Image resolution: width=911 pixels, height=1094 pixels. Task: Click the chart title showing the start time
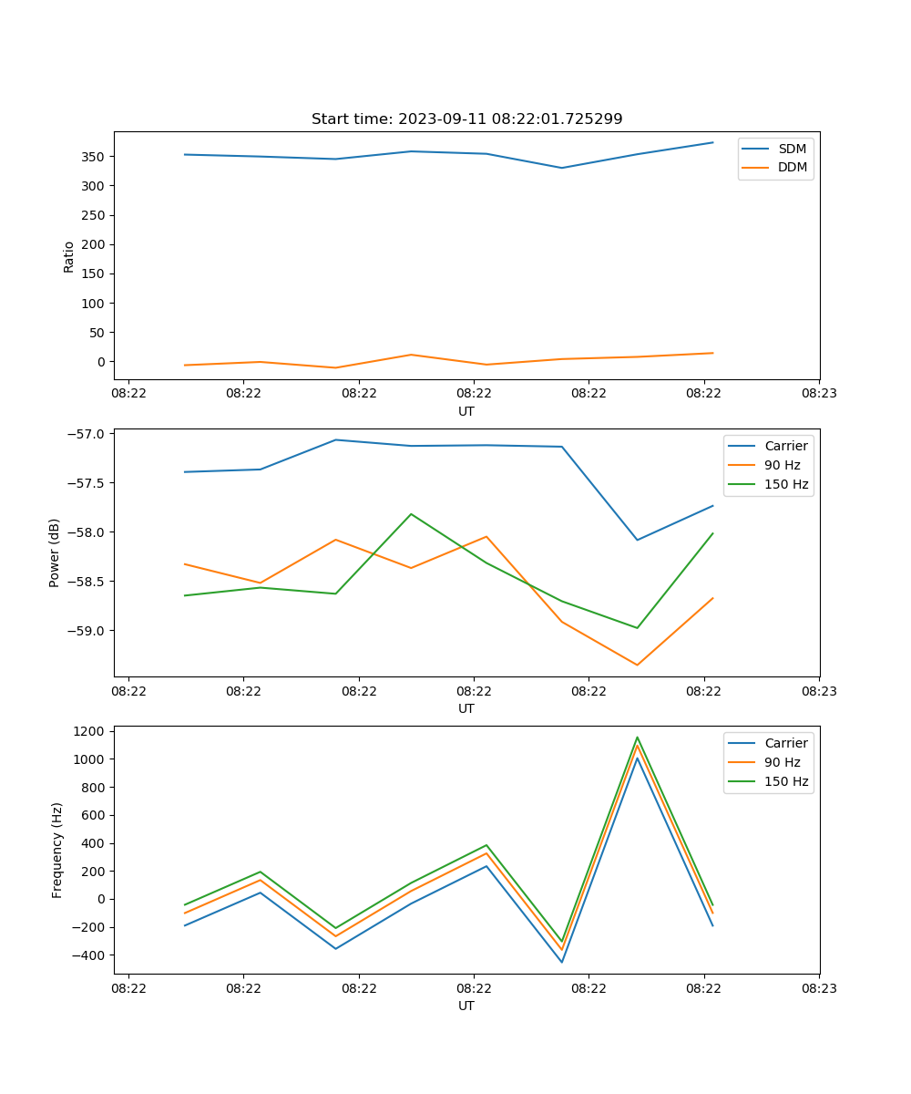[x=466, y=119]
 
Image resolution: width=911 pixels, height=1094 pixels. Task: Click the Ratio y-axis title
[x=69, y=256]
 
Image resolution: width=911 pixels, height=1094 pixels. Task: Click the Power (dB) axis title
[x=55, y=552]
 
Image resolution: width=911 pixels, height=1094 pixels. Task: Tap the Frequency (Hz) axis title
[x=57, y=850]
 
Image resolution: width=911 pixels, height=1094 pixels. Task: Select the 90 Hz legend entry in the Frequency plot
[x=782, y=762]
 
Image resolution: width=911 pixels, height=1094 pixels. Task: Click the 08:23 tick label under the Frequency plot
[x=818, y=986]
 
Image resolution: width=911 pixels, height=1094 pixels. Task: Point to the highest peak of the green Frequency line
[x=637, y=738]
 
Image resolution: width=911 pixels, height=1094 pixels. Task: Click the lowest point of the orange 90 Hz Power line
[x=637, y=665]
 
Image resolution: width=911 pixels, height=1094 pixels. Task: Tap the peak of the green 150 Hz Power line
[x=411, y=514]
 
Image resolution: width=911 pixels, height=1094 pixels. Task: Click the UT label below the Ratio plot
[x=466, y=411]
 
